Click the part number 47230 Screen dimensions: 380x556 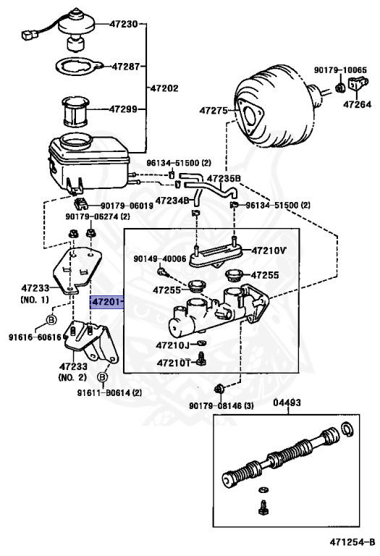pos(123,24)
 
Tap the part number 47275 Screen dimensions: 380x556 pos(214,111)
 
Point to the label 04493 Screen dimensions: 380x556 pos(287,403)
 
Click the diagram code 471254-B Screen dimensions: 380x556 pos(352,542)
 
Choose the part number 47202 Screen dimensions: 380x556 pos(164,88)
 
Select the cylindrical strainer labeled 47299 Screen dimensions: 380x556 pos(75,111)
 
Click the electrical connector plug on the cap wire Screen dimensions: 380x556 pos(30,35)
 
